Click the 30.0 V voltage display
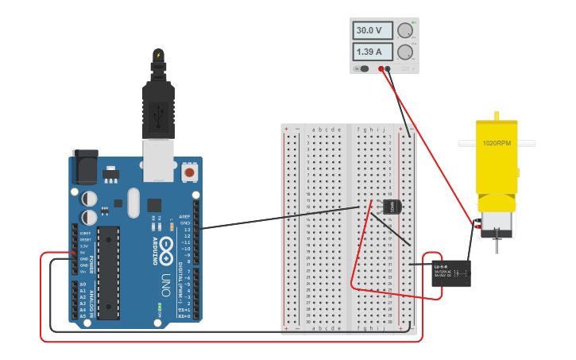pos(373,30)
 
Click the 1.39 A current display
pos(373,52)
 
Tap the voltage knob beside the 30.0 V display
pos(405,31)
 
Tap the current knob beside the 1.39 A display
pos(405,52)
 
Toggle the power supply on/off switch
pos(364,68)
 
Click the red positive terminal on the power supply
pos(381,69)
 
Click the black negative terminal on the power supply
pos(388,69)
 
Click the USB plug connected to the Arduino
pos(158,103)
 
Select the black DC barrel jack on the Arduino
pos(85,166)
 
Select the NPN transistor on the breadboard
pos(392,207)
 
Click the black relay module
pos(450,273)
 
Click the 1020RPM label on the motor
pos(496,144)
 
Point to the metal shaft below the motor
pos(497,243)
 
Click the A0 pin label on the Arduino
pos(83,285)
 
